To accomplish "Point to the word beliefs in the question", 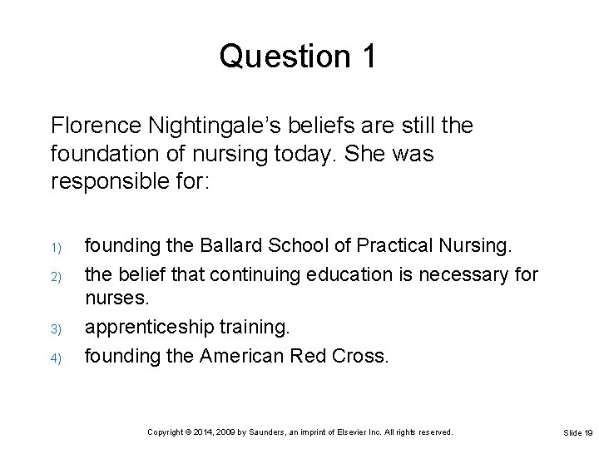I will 298,126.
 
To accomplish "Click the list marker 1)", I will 54,248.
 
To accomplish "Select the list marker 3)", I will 54,329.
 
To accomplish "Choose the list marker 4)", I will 54,358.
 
